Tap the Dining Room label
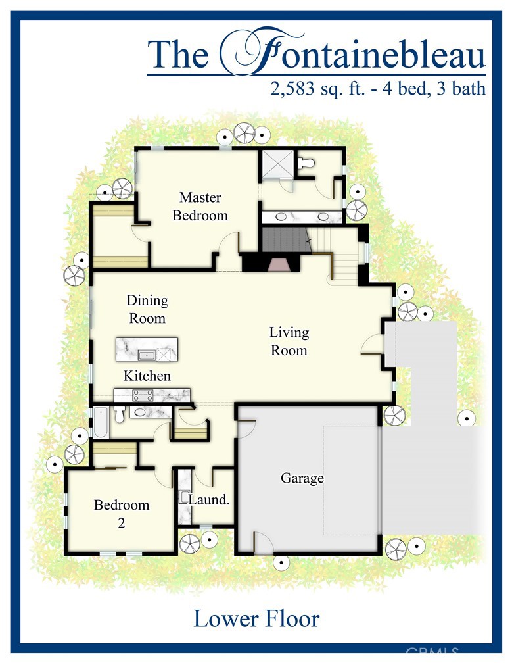(147, 309)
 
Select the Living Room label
(289, 341)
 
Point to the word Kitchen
(147, 376)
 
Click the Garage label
(302, 478)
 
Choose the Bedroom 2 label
(122, 514)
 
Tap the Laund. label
(209, 500)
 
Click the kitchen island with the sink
(147, 349)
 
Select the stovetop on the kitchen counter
(142, 395)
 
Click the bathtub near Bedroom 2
(101, 423)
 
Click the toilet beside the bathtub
(120, 415)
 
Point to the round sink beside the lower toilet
(140, 413)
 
